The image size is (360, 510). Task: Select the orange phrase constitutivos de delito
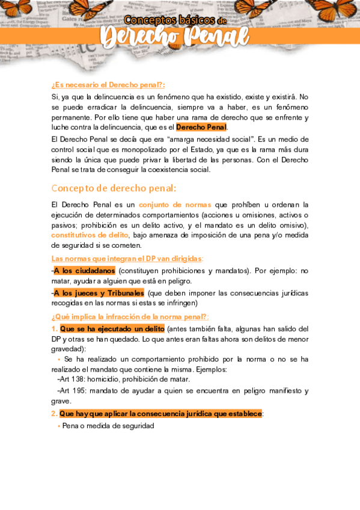pyautogui.click(x=90, y=235)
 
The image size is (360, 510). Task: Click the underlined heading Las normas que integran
pyautogui.click(x=127, y=258)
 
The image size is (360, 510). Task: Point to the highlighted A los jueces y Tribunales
pyautogui.click(x=99, y=293)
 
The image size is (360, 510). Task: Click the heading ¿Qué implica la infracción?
pyautogui.click(x=130, y=316)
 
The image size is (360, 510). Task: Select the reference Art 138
pyautogui.click(x=71, y=379)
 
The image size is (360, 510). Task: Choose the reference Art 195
pyautogui.click(x=71, y=391)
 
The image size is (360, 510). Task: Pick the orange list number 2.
pyautogui.click(x=54, y=414)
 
